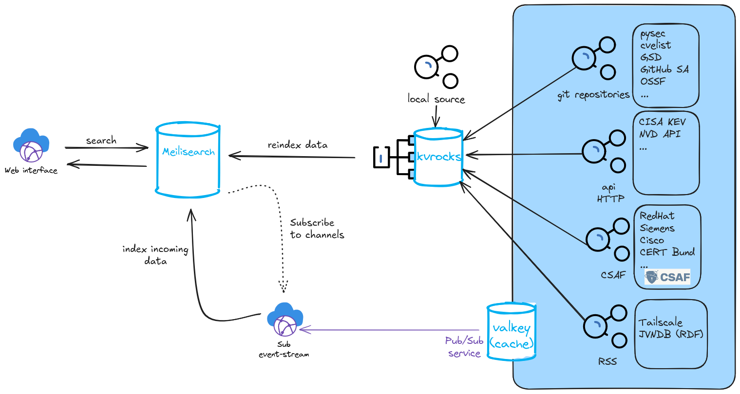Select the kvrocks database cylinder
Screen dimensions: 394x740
[x=438, y=157]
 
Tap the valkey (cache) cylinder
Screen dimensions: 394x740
[x=512, y=331]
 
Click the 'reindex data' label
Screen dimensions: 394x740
[x=297, y=145]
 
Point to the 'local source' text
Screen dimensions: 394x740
[x=436, y=99]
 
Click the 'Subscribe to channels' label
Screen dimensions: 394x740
[x=317, y=229]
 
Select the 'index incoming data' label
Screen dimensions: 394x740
[x=155, y=255]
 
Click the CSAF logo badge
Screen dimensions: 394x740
[x=667, y=277]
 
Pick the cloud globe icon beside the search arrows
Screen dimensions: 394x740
[x=32, y=145]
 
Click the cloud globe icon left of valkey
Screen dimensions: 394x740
[x=285, y=319]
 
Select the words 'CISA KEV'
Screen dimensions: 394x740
[x=662, y=122]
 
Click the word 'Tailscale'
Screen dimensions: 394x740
[x=660, y=322]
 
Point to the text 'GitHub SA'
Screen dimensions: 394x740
[x=664, y=70]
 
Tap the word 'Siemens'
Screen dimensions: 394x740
[x=657, y=228]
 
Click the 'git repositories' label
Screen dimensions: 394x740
[x=593, y=95]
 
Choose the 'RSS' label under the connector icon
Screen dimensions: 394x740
[x=607, y=361]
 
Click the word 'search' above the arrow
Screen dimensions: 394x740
[x=101, y=141]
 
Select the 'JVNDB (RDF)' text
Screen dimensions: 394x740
[x=671, y=334]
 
